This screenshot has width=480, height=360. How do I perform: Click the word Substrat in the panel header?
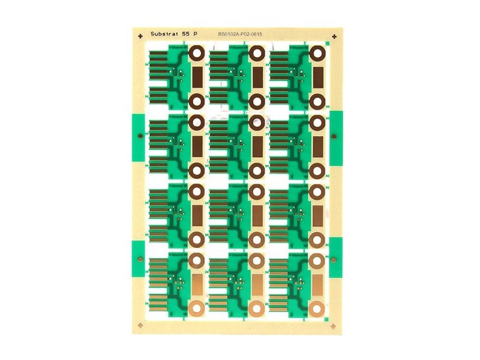point(164,34)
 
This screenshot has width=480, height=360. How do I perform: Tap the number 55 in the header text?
point(186,34)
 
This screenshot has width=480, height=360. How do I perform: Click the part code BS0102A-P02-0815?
point(240,34)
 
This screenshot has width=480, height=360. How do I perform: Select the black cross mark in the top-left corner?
point(140,37)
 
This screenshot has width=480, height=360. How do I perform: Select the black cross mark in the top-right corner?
point(334,37)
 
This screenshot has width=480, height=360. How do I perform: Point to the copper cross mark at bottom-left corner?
point(140,325)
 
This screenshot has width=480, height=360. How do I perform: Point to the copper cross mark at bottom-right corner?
point(334,326)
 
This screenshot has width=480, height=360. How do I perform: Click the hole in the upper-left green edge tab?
point(140,136)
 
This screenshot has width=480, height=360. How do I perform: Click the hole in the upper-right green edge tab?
point(334,137)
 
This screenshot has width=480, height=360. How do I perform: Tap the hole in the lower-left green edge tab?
point(140,260)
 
